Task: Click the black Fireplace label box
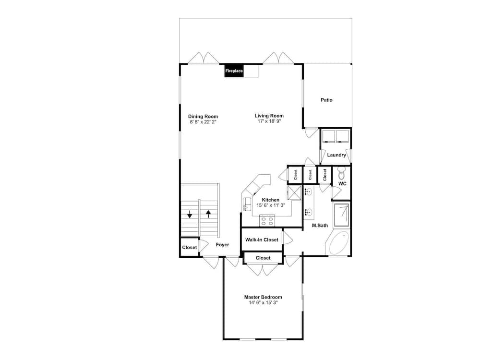pos(234,71)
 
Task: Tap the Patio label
pos(326,100)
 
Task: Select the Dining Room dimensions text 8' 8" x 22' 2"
pos(203,122)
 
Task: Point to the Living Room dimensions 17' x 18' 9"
pos(269,121)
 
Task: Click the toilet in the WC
pos(341,174)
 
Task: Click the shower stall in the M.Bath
pos(341,216)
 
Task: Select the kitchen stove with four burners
pos(267,221)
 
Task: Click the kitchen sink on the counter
pos(247,204)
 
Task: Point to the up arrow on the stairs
pos(208,214)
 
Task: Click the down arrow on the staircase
pos(190,214)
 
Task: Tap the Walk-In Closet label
pos(262,240)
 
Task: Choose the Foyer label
pos(222,245)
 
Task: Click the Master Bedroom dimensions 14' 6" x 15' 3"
pos(263,303)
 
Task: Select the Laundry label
pos(336,155)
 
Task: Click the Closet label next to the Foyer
pos(190,247)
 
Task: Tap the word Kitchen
pos(271,200)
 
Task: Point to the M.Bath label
pos(320,225)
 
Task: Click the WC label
pos(342,184)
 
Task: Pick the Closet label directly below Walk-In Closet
pos(263,258)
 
